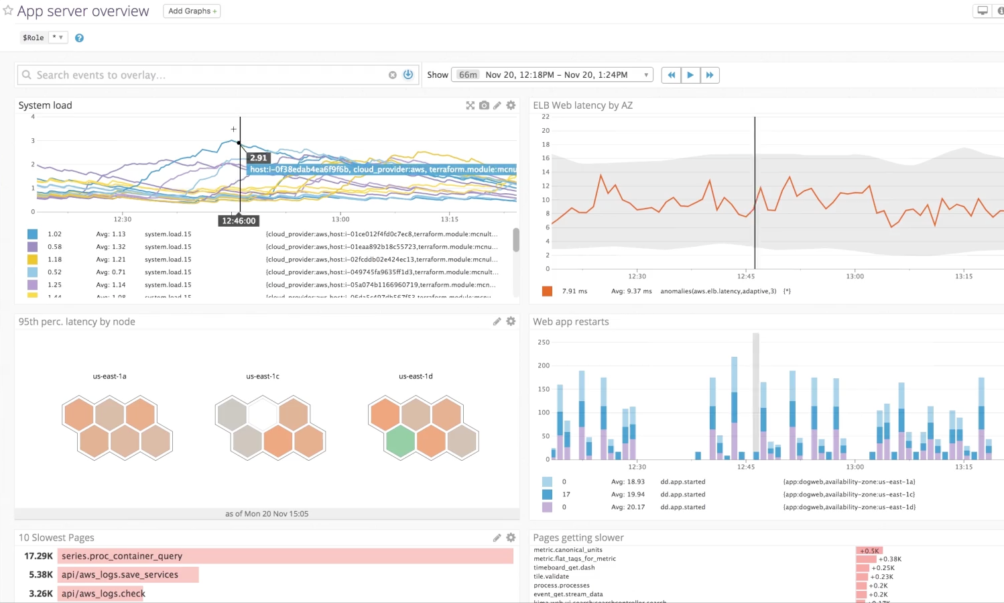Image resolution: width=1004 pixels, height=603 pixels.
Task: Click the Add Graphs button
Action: pos(192,11)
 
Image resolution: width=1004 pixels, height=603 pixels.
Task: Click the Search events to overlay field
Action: pos(201,75)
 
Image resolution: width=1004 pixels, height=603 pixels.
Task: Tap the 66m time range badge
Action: pos(468,75)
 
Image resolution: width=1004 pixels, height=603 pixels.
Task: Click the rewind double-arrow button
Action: pos(671,75)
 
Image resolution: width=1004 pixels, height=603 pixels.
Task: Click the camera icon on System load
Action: pos(484,105)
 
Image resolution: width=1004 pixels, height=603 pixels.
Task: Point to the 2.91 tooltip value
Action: pos(259,158)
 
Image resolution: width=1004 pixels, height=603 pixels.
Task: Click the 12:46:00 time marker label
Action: pos(239,221)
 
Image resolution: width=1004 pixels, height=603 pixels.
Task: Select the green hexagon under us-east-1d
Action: pos(401,441)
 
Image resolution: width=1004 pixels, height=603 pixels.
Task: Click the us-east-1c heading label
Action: pos(263,376)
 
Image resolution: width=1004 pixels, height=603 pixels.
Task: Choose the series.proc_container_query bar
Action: pos(286,556)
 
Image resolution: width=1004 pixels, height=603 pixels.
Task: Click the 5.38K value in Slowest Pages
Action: pos(40,575)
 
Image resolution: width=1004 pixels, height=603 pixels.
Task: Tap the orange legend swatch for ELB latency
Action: pos(547,291)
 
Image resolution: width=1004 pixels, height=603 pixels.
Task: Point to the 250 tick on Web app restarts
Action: pos(544,342)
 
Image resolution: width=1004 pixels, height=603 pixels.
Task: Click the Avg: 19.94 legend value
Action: pos(628,494)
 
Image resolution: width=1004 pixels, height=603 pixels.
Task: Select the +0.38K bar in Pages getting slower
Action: pos(866,559)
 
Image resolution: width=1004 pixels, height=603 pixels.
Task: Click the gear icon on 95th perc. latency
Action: pos(511,322)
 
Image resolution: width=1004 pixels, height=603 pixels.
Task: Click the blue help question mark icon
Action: pos(79,38)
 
